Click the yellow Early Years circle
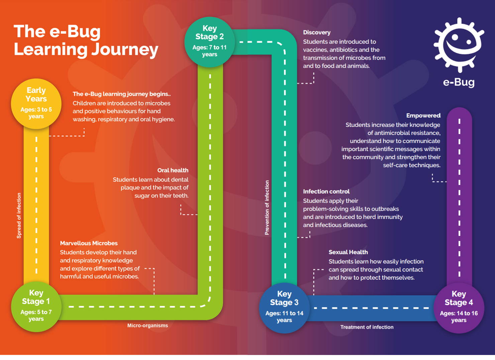pyautogui.click(x=36, y=103)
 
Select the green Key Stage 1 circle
pyautogui.click(x=36, y=306)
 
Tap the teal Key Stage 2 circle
pyautogui.click(x=210, y=41)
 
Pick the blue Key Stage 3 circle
pyautogui.click(x=284, y=307)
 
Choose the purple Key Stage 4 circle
pyautogui.click(x=459, y=307)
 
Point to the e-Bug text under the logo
pyautogui.click(x=459, y=82)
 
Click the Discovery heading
pyautogui.click(x=317, y=32)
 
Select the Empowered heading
pyautogui.click(x=423, y=115)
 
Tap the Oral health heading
pyautogui.click(x=173, y=170)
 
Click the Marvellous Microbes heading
pyautogui.click(x=89, y=243)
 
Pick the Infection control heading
pyautogui.click(x=326, y=191)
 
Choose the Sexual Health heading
pyautogui.click(x=348, y=252)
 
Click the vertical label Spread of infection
pyautogui.click(x=19, y=215)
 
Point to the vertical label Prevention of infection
pyautogui.click(x=267, y=207)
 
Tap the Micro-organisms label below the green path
pyautogui.click(x=147, y=326)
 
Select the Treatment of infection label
pyautogui.click(x=367, y=327)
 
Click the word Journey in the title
pyautogui.click(x=124, y=50)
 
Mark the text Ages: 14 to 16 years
pyautogui.click(x=459, y=317)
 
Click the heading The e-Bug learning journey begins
pyautogui.click(x=121, y=94)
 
